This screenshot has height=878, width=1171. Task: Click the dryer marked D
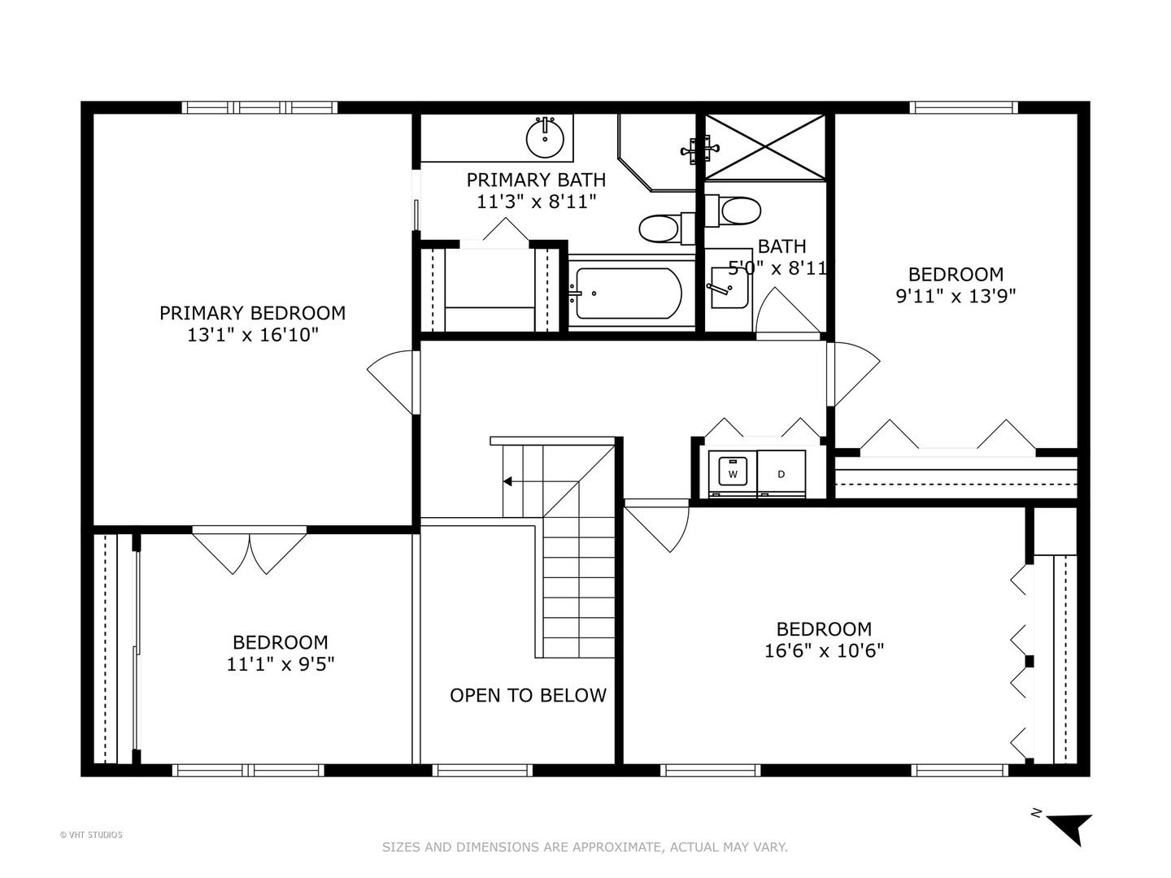pyautogui.click(x=781, y=473)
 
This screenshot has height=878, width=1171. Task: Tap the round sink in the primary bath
pyautogui.click(x=545, y=138)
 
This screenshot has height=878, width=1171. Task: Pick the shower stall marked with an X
pyautogui.click(x=764, y=146)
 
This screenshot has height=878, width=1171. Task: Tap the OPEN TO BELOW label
pyautogui.click(x=528, y=696)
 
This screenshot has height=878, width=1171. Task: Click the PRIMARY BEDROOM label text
pyautogui.click(x=252, y=313)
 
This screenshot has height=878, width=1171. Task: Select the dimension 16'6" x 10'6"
pyautogui.click(x=824, y=650)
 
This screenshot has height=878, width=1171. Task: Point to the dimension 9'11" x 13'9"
pyautogui.click(x=956, y=295)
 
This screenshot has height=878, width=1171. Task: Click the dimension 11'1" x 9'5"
pyautogui.click(x=281, y=664)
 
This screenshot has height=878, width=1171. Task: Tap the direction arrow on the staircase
pyautogui.click(x=508, y=481)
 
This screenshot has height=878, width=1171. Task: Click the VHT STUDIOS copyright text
pyautogui.click(x=91, y=835)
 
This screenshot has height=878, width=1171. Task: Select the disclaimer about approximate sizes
pyautogui.click(x=585, y=847)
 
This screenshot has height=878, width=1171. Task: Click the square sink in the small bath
pyautogui.click(x=728, y=289)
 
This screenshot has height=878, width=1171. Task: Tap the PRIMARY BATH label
pyautogui.click(x=536, y=180)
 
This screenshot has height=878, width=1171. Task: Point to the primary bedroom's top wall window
pyautogui.click(x=259, y=107)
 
